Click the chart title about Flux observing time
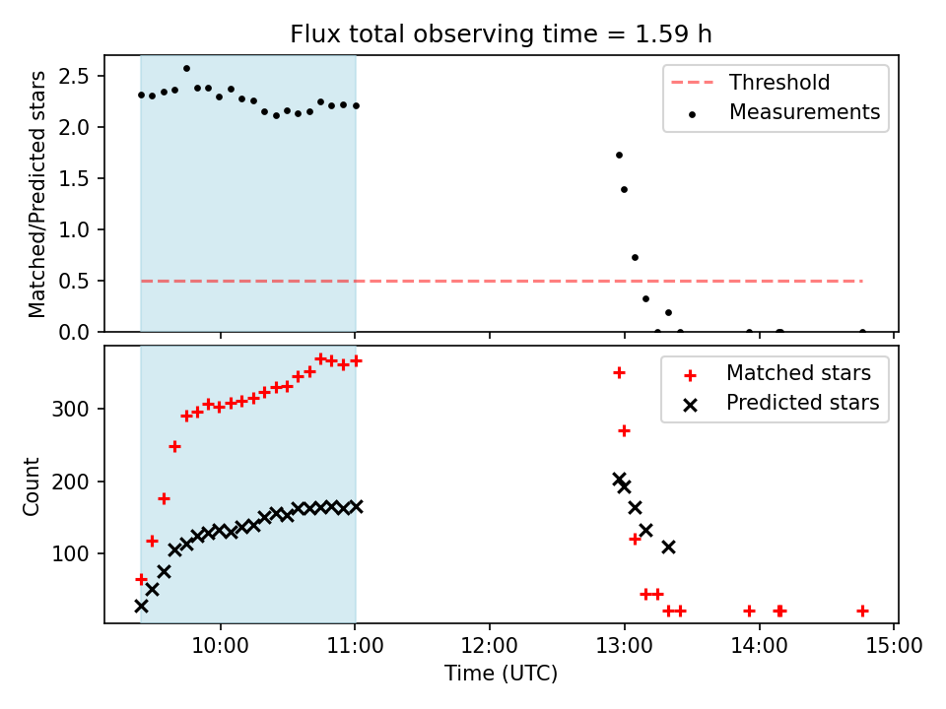501,34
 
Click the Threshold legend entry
778,83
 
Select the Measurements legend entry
804,112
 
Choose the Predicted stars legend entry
802,403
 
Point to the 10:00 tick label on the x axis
220,646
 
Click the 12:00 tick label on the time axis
490,646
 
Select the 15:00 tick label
894,646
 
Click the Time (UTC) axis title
501,674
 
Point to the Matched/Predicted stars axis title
37,194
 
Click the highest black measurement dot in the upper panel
186,68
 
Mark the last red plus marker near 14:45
862,611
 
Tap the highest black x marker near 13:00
619,480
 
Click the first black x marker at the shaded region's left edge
141,606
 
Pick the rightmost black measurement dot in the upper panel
862,332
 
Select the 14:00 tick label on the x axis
759,646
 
